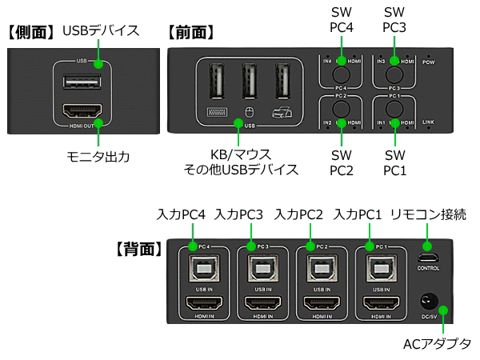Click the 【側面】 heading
pyautogui.click(x=32, y=33)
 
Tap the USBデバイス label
pyautogui.click(x=101, y=31)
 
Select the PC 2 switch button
pyautogui.click(x=342, y=106)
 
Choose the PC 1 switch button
pyautogui.click(x=392, y=106)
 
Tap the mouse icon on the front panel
pyautogui.click(x=248, y=112)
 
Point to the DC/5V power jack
pyautogui.click(x=428, y=302)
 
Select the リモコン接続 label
pyautogui.click(x=429, y=214)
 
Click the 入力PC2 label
pyautogui.click(x=298, y=214)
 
